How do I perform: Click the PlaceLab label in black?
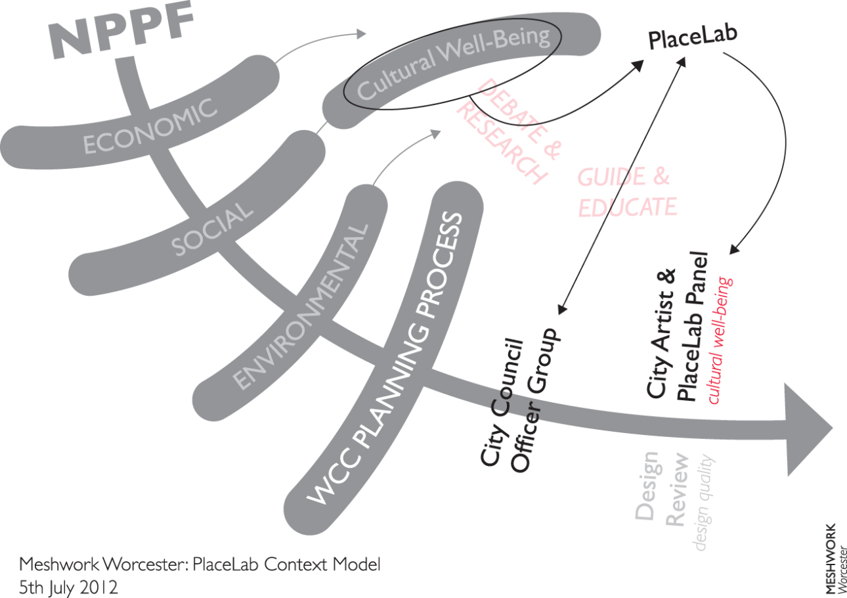[692, 37]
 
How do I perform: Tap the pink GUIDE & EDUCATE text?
[625, 192]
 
